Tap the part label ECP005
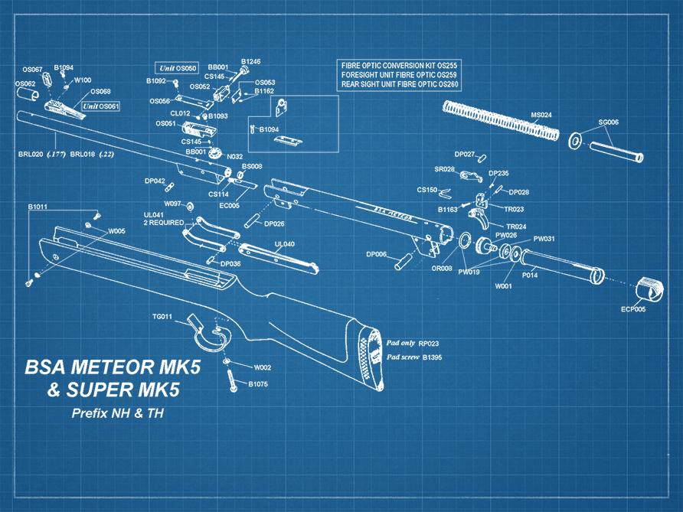pyautogui.click(x=633, y=310)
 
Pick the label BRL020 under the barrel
pyautogui.click(x=31, y=154)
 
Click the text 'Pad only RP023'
pyautogui.click(x=413, y=344)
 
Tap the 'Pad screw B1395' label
pyautogui.click(x=413, y=357)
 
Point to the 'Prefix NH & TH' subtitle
pyautogui.click(x=117, y=414)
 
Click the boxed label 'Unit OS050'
pyautogui.click(x=177, y=68)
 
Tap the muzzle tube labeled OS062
pyautogui.click(x=28, y=94)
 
